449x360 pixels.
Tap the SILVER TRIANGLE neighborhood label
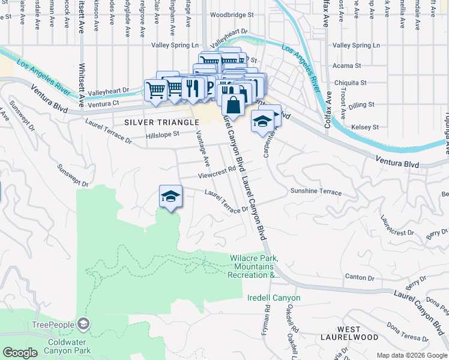pos(161,122)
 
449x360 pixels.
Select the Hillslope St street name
pos(163,135)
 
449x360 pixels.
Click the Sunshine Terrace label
pos(316,192)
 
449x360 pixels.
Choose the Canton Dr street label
pos(360,277)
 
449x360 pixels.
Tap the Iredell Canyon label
pos(274,298)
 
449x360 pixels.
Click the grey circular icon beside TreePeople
pos(83,325)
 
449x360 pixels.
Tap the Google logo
pos(20,353)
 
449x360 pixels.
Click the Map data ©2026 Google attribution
pos(411,355)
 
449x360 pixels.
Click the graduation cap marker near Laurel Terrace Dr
pos(170,196)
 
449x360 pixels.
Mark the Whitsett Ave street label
pos(82,84)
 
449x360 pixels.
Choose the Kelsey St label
pos(367,127)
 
